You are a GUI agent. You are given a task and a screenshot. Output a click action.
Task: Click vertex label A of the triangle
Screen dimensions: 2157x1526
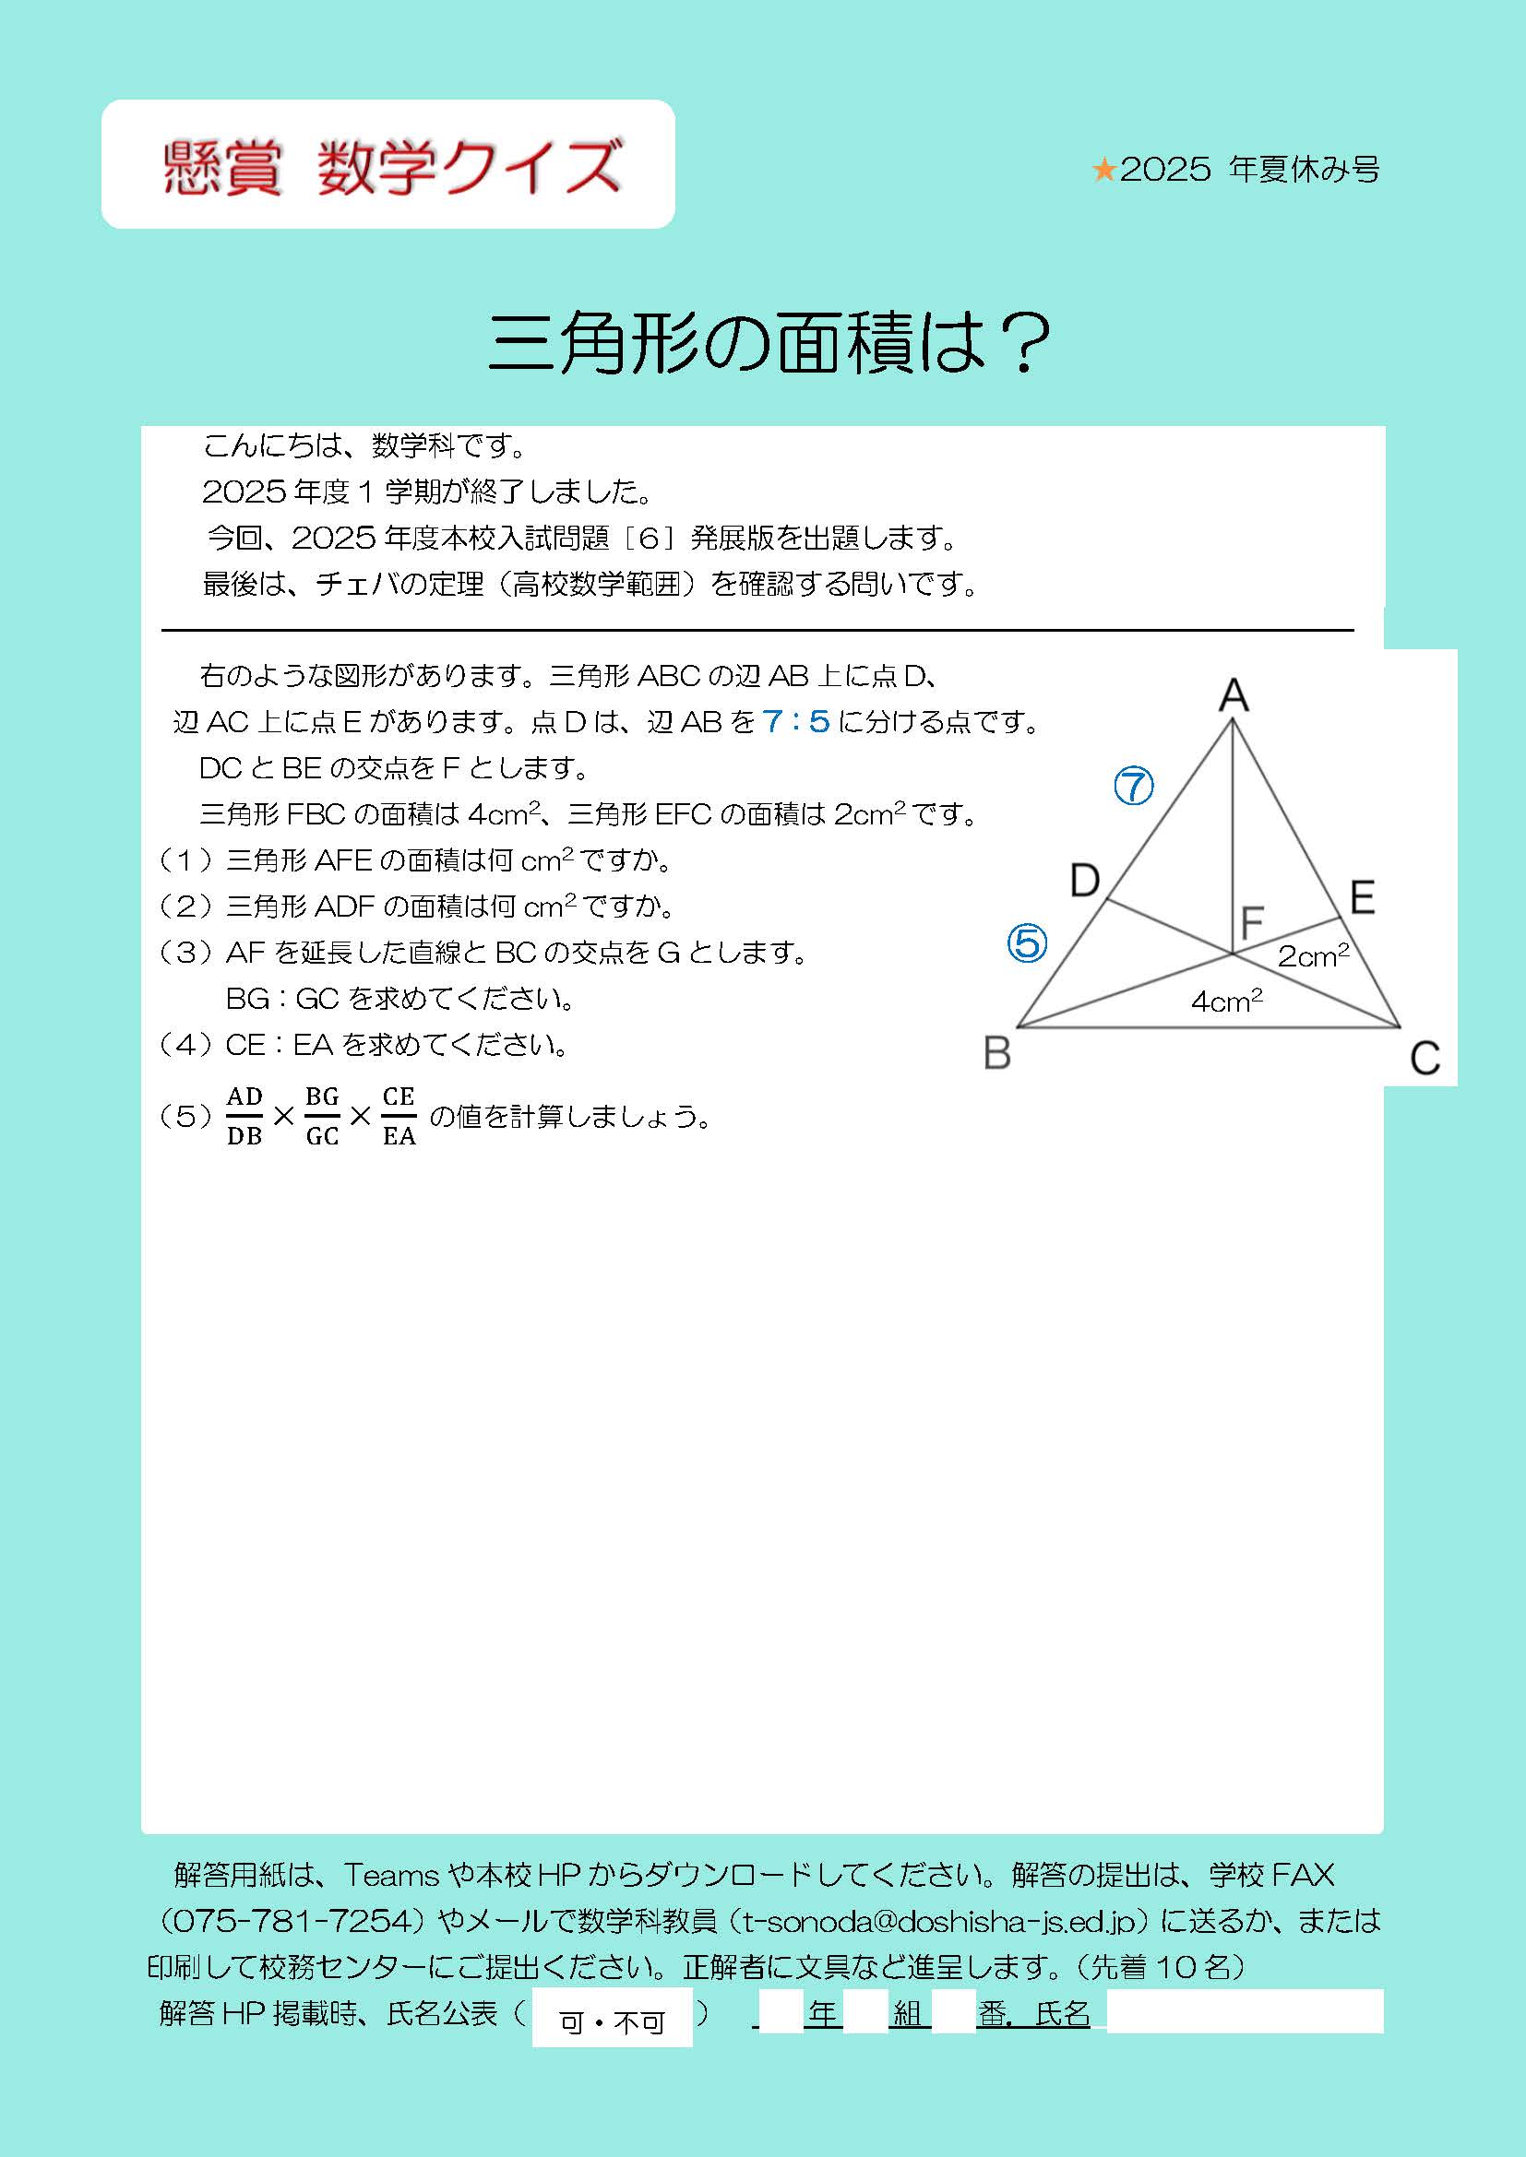pyautogui.click(x=1234, y=696)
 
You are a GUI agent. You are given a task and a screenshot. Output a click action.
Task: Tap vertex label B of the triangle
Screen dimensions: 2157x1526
pyautogui.click(x=997, y=1053)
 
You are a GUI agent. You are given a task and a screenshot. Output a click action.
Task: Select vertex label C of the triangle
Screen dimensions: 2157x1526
pyautogui.click(x=1425, y=1059)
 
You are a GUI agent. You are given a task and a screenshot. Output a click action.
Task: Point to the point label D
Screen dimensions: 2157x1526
pyautogui.click(x=1084, y=882)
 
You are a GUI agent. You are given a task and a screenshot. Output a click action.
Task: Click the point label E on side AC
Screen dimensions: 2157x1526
pyautogui.click(x=1362, y=898)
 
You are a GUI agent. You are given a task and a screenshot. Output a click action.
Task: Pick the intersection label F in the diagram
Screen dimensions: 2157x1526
pyautogui.click(x=1252, y=922)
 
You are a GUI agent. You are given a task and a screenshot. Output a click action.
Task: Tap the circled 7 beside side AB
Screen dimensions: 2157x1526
pyautogui.click(x=1133, y=786)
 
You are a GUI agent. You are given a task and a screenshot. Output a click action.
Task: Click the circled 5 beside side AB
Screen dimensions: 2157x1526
pyautogui.click(x=1026, y=942)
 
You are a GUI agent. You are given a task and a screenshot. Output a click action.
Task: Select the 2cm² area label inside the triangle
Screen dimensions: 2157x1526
pyautogui.click(x=1313, y=955)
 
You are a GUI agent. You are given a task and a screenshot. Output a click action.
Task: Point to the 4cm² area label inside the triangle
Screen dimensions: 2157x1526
pyautogui.click(x=1226, y=1001)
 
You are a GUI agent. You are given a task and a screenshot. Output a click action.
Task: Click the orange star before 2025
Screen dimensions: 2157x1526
pyautogui.click(x=1103, y=170)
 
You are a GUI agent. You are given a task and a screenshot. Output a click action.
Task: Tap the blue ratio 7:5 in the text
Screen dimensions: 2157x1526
pyautogui.click(x=796, y=721)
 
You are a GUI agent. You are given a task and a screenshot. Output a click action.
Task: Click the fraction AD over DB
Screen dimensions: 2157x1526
pyautogui.click(x=244, y=1116)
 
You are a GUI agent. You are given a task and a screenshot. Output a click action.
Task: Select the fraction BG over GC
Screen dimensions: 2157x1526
pyautogui.click(x=322, y=1116)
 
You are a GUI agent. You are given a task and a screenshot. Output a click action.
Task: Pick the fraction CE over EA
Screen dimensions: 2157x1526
pyautogui.click(x=399, y=1116)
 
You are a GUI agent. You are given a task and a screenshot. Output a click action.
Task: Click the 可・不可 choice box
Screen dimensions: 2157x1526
pyautogui.click(x=612, y=2021)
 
